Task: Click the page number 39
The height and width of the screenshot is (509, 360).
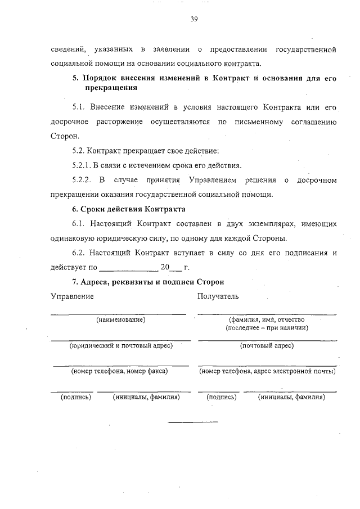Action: pyautogui.click(x=193, y=19)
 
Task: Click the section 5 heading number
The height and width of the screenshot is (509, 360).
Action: pyautogui.click(x=75, y=78)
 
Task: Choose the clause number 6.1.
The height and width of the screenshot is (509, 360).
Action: pyautogui.click(x=78, y=224)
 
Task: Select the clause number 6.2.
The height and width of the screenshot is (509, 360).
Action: pyautogui.click(x=78, y=253)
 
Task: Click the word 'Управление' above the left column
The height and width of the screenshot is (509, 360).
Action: pyautogui.click(x=72, y=296)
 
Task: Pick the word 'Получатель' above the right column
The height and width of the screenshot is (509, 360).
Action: pyautogui.click(x=218, y=296)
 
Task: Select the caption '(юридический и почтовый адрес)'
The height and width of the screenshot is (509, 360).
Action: pyautogui.click(x=120, y=345)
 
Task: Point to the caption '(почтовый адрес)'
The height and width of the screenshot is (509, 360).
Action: pyautogui.click(x=267, y=345)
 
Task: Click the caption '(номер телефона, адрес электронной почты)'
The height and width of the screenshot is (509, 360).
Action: pyautogui.click(x=267, y=371)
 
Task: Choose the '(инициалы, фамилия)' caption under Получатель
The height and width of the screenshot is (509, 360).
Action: pyautogui.click(x=292, y=397)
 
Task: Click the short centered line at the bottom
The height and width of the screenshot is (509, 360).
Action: pyautogui.click(x=193, y=422)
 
